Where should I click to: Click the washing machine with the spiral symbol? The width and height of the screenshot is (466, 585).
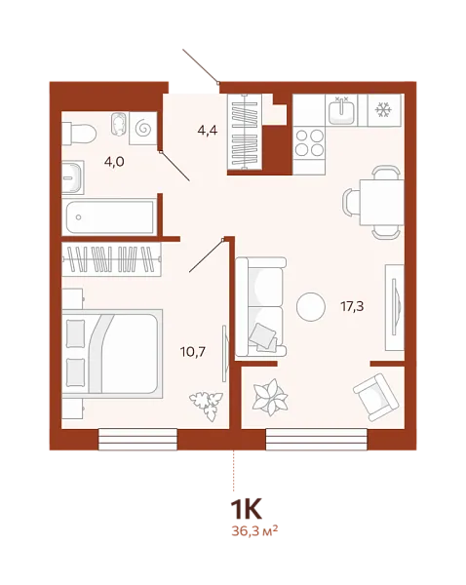pos(143,128)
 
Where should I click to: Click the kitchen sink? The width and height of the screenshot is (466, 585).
pos(342,113)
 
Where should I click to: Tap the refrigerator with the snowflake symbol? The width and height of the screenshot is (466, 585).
pos(383,113)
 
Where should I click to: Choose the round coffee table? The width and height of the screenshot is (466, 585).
pos(311,306)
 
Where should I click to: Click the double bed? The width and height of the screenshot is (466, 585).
pos(109,352)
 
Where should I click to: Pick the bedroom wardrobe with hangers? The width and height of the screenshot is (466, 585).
pos(109,259)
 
